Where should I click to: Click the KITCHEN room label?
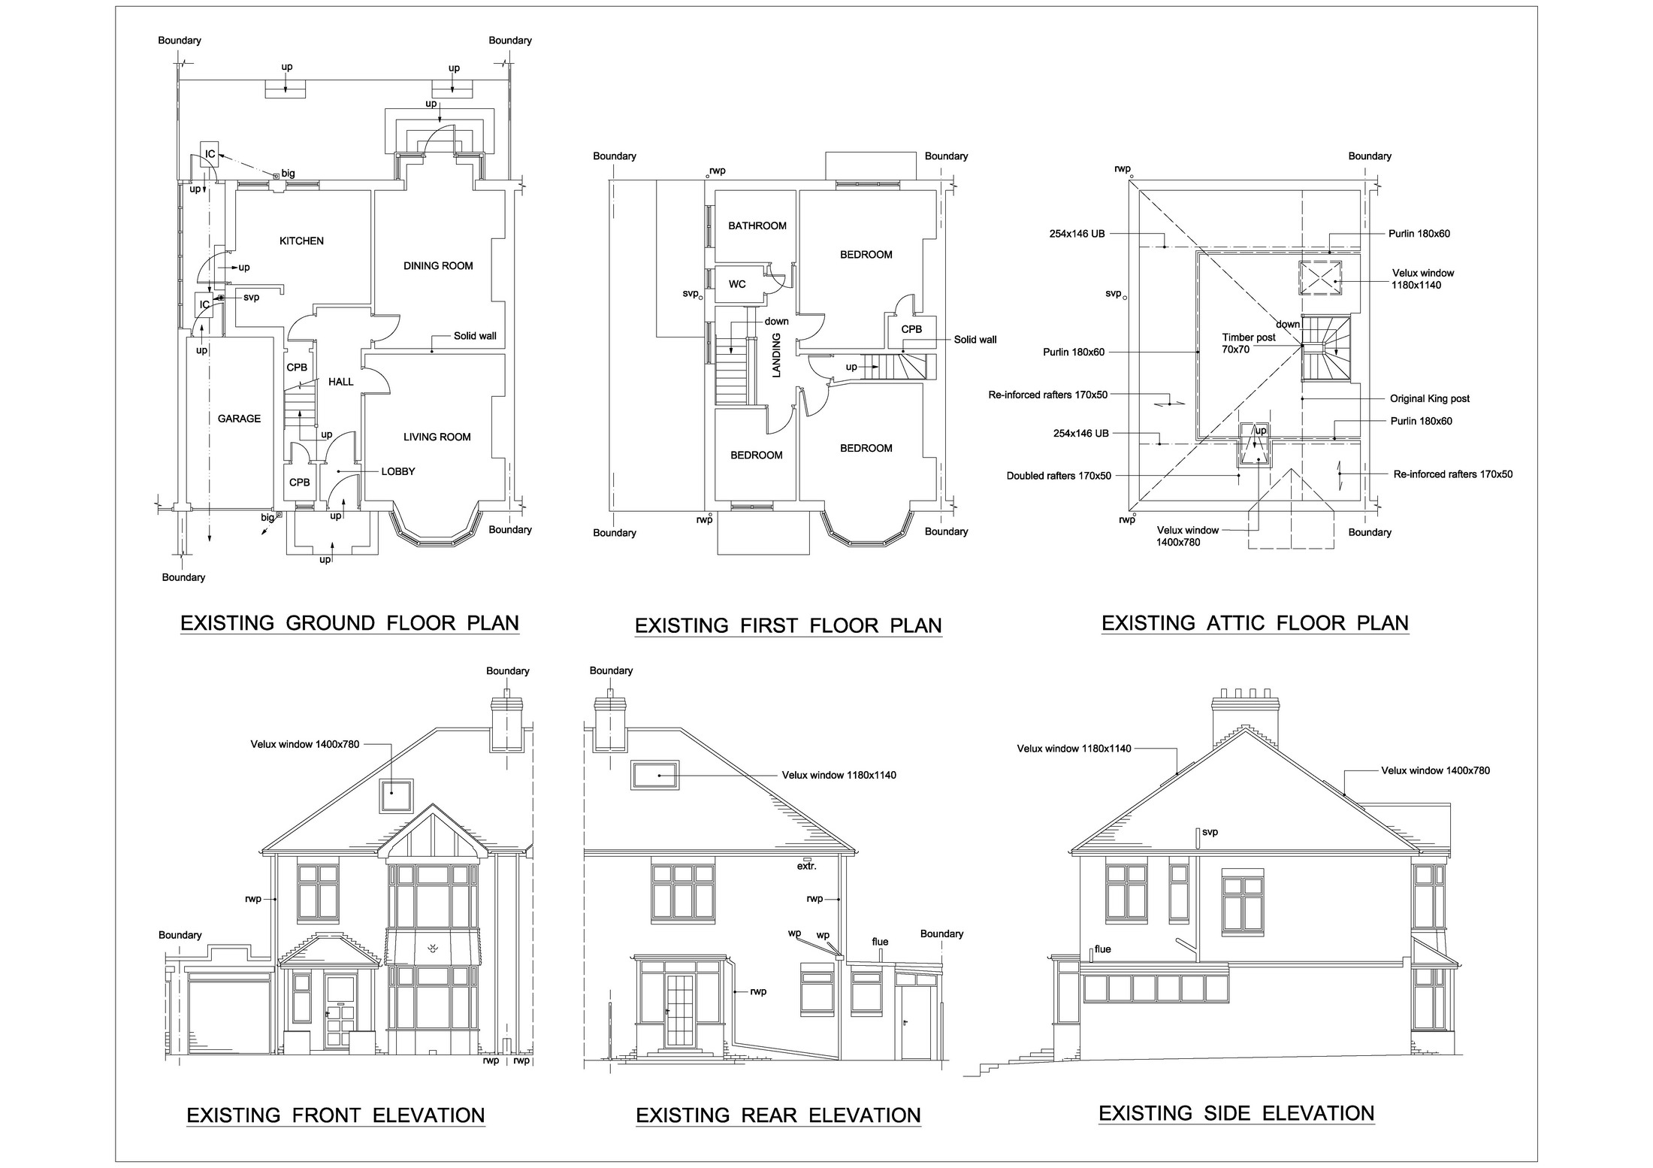[301, 241]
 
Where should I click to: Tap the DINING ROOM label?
[438, 266]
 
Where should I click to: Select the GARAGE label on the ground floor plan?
[239, 419]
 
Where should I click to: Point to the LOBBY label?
[397, 472]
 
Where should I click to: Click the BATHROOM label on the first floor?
[757, 225]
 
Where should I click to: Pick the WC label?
[737, 284]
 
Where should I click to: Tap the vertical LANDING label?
[777, 355]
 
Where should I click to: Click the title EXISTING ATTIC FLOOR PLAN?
[1254, 623]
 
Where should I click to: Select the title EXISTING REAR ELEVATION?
[778, 1115]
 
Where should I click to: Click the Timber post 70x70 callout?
[1248, 343]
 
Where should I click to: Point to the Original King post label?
[1429, 399]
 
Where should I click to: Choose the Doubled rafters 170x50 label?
[1058, 476]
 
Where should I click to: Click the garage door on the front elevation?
[228, 1015]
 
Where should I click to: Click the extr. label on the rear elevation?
[806, 866]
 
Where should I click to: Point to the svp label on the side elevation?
[1210, 832]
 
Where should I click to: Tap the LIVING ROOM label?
[437, 437]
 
